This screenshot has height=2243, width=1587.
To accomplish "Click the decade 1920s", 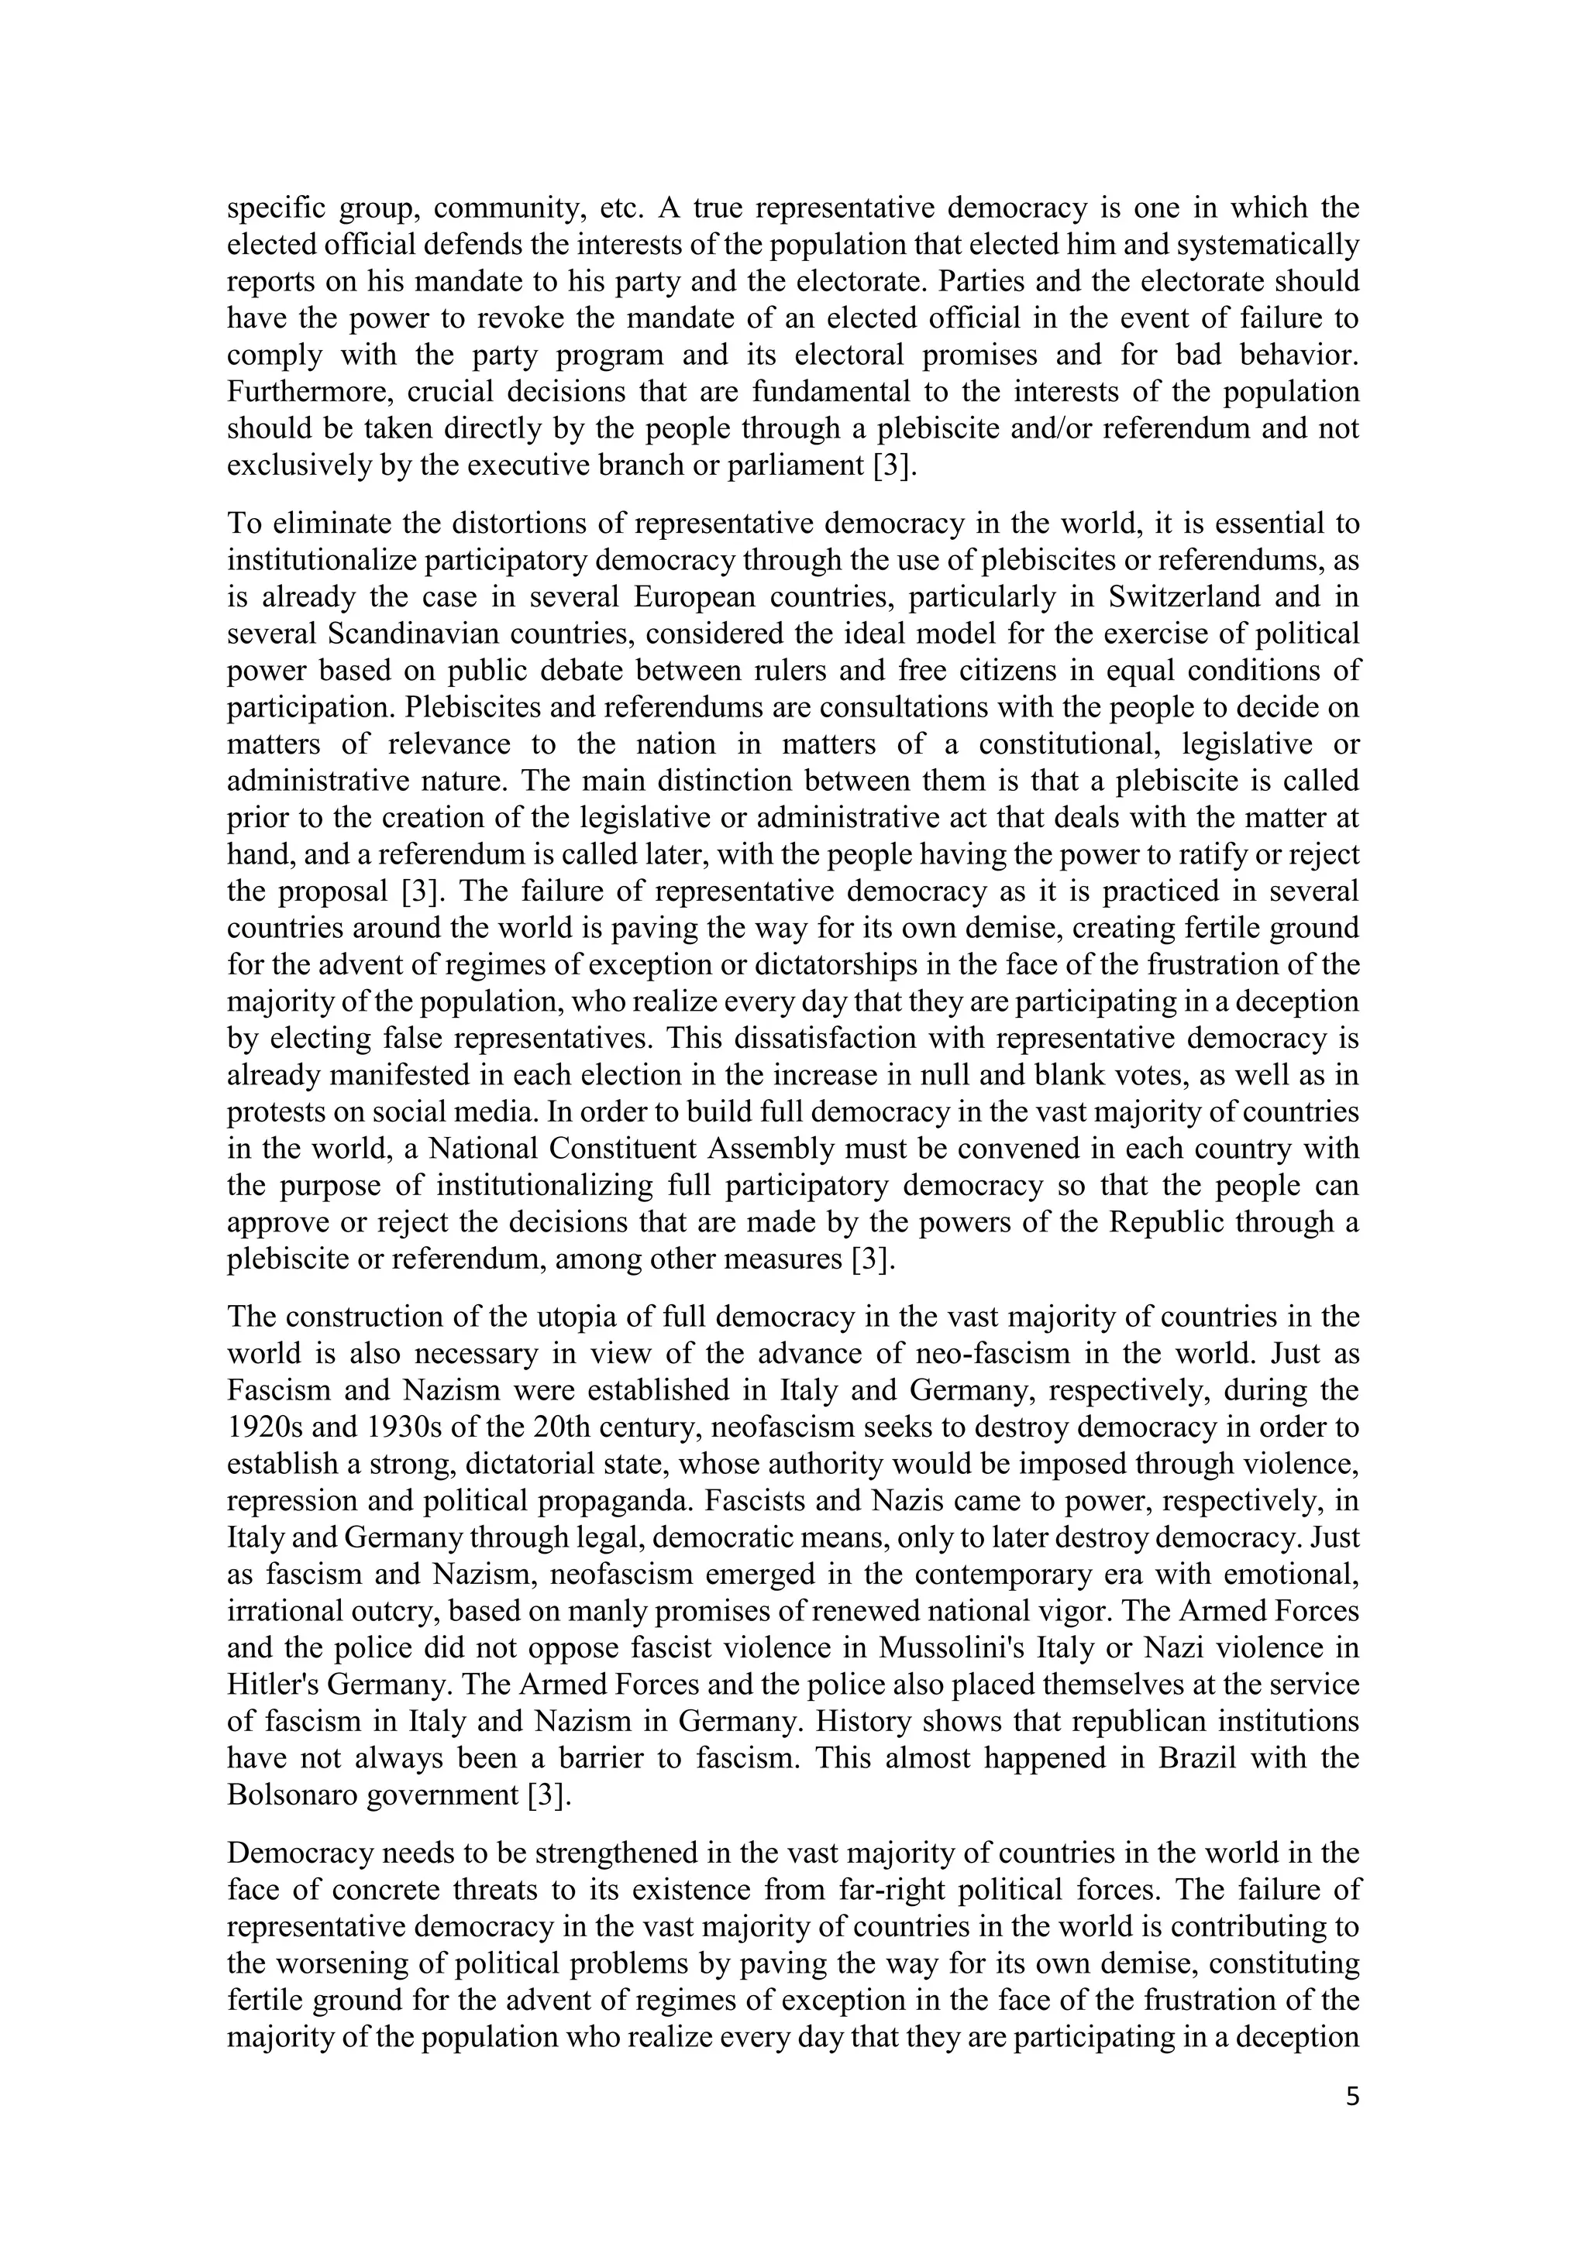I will (263, 1427).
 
